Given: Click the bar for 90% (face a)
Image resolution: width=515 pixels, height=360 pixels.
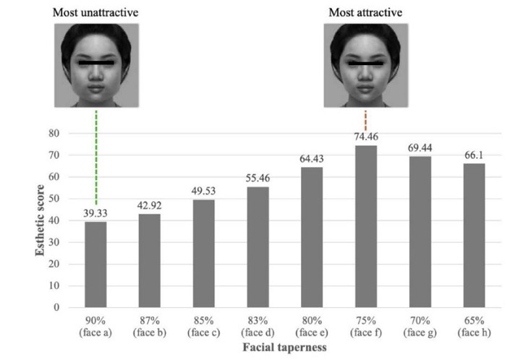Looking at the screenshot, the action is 95,265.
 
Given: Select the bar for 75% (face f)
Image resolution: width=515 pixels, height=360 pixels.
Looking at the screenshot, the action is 366,226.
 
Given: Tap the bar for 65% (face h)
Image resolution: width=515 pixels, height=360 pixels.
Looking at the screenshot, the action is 474,235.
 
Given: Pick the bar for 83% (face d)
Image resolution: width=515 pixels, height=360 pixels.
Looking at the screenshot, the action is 257,247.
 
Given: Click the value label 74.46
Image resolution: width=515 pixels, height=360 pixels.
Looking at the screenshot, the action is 366,137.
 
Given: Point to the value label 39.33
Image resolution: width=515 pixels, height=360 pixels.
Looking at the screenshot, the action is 95,213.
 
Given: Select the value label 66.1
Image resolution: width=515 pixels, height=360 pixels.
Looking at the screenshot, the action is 474,155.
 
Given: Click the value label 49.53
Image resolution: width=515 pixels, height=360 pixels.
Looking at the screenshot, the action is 204,191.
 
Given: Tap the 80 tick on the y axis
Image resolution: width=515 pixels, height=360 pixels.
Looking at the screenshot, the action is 54,133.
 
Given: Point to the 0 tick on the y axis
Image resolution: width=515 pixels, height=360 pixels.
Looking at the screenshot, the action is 56,307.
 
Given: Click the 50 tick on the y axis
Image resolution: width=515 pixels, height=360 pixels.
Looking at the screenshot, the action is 54,199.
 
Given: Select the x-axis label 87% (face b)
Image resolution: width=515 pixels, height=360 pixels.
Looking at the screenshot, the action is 150,327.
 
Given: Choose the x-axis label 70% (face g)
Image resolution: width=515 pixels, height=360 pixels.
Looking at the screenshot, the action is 420,327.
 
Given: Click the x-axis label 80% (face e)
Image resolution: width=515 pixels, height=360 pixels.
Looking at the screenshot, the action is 312,327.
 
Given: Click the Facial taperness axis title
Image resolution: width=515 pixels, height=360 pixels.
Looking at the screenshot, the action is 285,347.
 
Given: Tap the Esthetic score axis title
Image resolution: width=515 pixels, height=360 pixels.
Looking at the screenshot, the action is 40,220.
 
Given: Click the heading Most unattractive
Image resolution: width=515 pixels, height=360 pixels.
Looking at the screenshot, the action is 95,12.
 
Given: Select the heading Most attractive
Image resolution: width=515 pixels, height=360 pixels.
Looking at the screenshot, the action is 365,12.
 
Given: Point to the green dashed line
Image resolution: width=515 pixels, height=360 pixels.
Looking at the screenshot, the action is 96,158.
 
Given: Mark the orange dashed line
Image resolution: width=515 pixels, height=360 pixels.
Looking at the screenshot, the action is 365,121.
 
